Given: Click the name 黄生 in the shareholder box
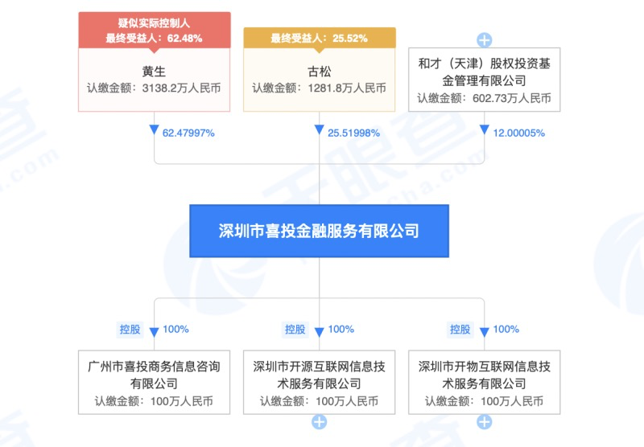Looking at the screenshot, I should click(x=153, y=69).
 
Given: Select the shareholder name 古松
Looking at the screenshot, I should click(x=319, y=69).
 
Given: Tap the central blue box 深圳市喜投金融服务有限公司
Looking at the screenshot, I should click(x=319, y=231).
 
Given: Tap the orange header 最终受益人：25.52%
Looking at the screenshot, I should click(x=319, y=38).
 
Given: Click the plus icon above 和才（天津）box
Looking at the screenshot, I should click(x=485, y=39).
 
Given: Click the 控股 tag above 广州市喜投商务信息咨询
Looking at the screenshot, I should click(x=130, y=329).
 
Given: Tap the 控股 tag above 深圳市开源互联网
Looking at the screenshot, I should click(x=295, y=329).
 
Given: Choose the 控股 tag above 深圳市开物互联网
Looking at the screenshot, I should click(x=460, y=329).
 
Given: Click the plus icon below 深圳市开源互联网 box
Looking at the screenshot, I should click(x=319, y=422).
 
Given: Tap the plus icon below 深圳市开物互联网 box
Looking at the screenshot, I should click(x=485, y=422).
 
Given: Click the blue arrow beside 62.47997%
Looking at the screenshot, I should click(x=153, y=131).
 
